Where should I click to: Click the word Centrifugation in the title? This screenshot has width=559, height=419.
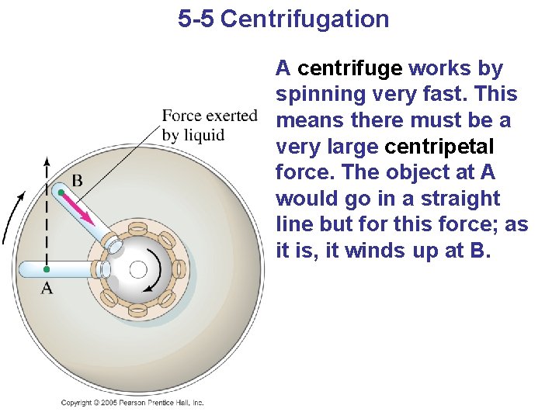304,19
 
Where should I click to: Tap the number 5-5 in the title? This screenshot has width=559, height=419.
196,19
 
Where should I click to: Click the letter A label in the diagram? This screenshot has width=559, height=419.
47,289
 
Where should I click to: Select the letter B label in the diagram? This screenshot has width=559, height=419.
77,181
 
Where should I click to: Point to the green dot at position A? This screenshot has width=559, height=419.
47,269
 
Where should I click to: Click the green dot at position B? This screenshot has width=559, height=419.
61,192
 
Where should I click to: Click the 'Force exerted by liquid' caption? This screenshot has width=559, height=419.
209,125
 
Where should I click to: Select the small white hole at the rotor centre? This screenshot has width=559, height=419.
138,269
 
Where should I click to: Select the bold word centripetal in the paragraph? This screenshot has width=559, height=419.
439,147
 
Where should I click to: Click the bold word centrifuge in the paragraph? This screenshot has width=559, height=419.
349,68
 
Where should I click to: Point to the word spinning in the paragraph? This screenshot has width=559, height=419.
320,95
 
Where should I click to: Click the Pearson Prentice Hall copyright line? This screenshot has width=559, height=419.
132,403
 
